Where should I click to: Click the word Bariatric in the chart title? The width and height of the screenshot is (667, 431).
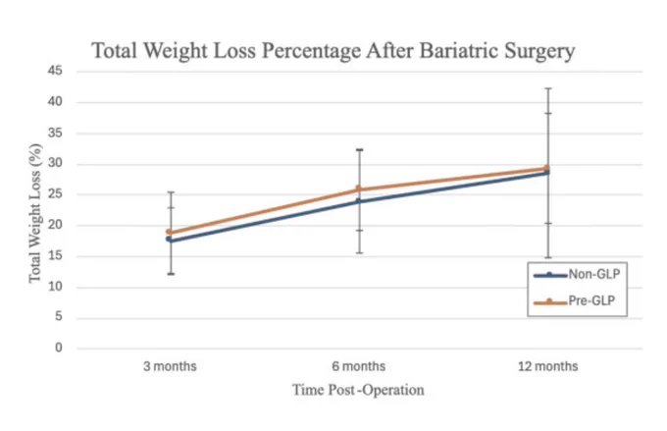coord(459,51)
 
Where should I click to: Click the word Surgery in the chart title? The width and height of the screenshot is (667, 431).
coord(539,52)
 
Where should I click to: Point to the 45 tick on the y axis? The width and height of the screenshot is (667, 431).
coord(55,71)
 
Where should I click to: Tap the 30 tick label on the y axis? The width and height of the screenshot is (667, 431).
coord(55,164)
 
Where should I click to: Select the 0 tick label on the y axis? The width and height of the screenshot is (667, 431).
coord(59,348)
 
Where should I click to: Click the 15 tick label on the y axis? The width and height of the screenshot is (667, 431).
coord(55,256)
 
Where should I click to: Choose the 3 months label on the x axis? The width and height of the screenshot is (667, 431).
coord(170,366)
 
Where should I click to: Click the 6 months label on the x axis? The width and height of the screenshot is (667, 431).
coord(359,366)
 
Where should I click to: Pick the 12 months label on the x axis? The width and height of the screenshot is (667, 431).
coord(548,366)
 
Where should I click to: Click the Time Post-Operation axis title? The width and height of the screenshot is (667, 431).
coord(358,390)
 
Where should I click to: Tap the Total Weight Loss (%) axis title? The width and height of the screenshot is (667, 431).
coord(35,213)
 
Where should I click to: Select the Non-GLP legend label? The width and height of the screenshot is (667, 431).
coord(594,274)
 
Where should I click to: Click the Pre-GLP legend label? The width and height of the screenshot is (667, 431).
coord(591,300)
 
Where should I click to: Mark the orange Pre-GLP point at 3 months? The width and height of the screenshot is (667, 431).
coord(169,232)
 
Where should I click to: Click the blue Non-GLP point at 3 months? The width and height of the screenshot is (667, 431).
coord(169,240)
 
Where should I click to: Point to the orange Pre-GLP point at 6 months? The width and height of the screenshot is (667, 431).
coord(359,189)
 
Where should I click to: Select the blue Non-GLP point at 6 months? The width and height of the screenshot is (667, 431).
coord(359,201)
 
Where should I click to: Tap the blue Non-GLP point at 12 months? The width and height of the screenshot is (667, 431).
coord(547,173)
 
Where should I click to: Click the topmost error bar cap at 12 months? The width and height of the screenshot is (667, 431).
coord(548,88)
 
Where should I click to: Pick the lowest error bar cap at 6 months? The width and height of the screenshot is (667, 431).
coord(359,253)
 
